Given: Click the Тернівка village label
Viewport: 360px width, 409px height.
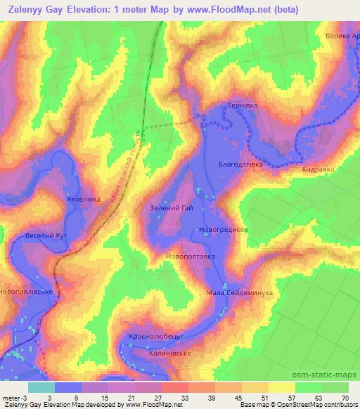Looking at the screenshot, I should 241,105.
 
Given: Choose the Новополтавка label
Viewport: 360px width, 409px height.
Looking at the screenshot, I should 190,257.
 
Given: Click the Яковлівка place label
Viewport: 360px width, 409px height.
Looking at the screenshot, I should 84,199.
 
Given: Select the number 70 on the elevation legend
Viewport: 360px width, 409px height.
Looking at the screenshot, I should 345,397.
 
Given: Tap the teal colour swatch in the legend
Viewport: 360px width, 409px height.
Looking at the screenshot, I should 41,387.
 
